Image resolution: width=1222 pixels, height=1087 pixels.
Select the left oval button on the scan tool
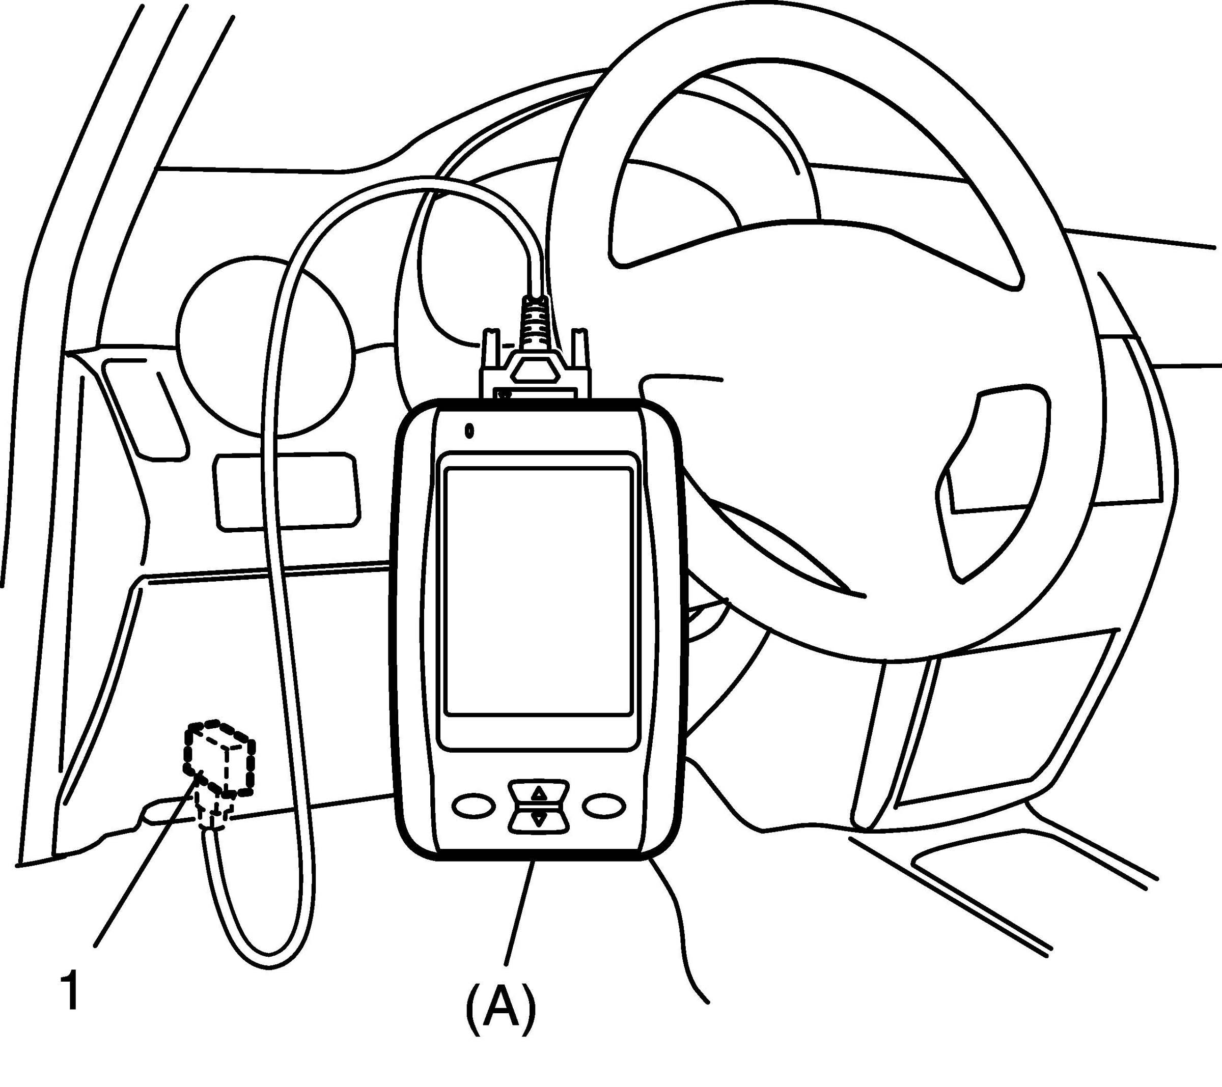(474, 806)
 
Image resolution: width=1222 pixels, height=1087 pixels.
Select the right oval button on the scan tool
(604, 805)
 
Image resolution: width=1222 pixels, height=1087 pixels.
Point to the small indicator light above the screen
(469, 430)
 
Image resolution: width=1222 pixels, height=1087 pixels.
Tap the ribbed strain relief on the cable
(536, 323)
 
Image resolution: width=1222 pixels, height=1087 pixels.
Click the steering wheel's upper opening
(711, 161)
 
